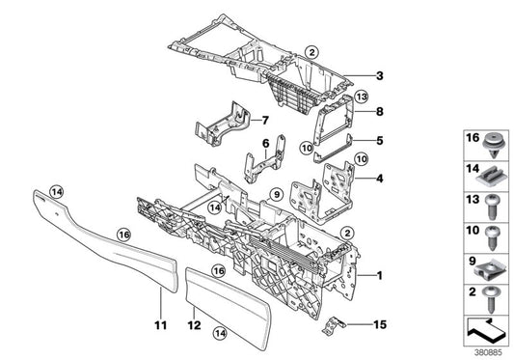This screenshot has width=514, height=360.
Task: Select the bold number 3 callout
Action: [380, 76]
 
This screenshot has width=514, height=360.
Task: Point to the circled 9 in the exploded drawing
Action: [276, 196]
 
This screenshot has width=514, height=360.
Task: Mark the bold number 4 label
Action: [380, 178]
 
